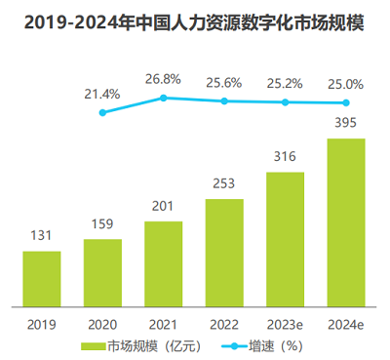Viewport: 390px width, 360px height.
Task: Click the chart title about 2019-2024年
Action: point(195,20)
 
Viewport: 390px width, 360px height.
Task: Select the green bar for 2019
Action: point(42,279)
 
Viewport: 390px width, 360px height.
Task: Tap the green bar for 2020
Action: point(102,272)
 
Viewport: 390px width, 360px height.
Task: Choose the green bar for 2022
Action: point(224,253)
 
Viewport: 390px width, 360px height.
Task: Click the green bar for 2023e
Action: point(285,239)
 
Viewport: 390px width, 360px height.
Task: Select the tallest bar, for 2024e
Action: point(346,222)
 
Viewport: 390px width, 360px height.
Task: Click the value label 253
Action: point(224,184)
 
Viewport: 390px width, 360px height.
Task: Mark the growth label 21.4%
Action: point(102,94)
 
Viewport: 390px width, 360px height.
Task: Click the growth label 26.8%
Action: point(163,78)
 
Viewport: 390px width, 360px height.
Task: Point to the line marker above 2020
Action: point(102,113)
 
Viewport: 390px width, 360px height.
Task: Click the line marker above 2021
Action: point(163,98)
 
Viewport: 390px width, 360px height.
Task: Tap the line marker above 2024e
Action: point(346,102)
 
